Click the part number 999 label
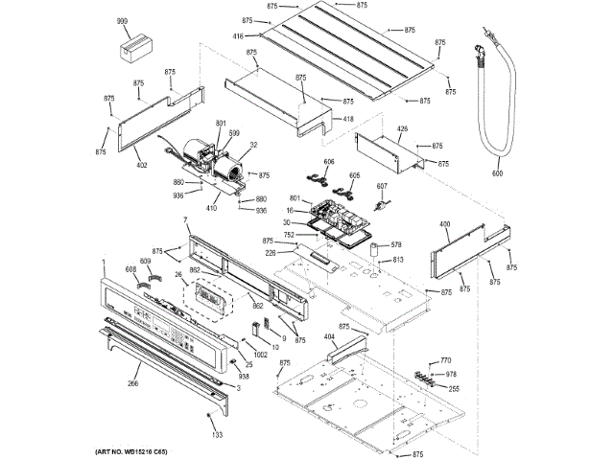pos(122,20)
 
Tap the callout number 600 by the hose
pos(497,173)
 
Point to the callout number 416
pos(238,35)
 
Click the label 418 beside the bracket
pos(348,118)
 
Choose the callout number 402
pos(142,166)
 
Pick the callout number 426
pos(402,128)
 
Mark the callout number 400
pos(444,224)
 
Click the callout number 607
pos(381,185)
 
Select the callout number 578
pos(394,246)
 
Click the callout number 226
pos(272,252)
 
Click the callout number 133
pos(217,435)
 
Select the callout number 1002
pos(235,355)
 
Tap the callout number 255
pos(454,388)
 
